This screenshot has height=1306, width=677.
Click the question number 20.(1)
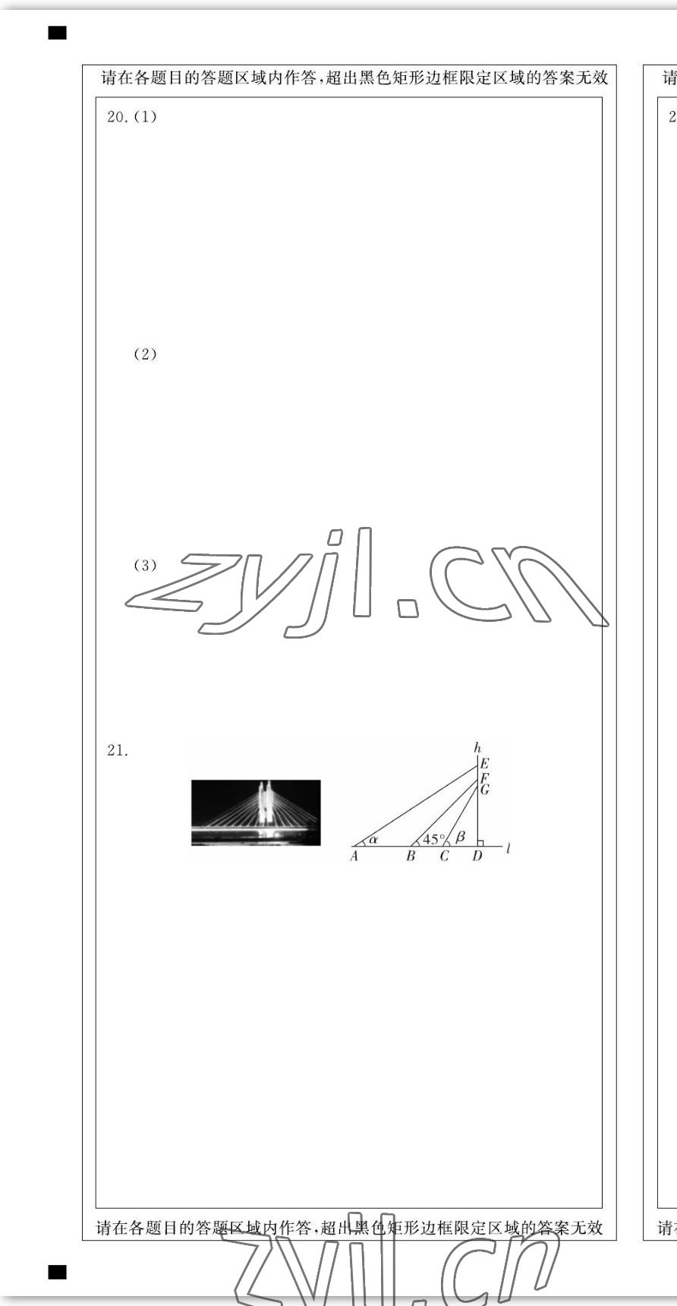[132, 117]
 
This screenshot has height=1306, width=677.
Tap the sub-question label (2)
[145, 355]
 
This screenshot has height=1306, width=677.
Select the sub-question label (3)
[145, 566]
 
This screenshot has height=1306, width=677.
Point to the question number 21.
[118, 751]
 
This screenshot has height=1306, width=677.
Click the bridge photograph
[256, 812]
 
